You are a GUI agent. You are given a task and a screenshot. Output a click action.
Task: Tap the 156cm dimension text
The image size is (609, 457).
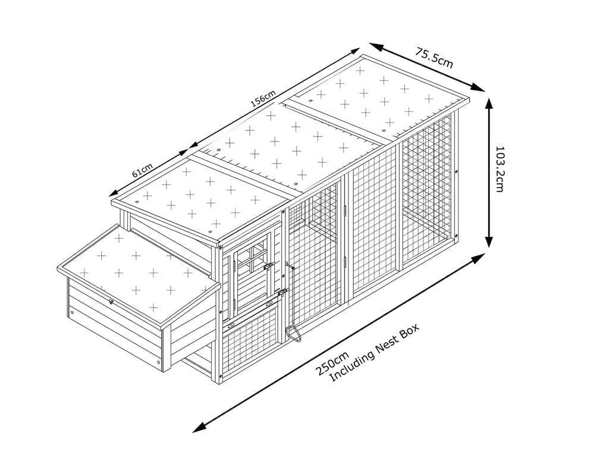click(x=263, y=98)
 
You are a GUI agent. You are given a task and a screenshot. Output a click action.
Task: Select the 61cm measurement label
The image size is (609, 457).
click(x=142, y=170)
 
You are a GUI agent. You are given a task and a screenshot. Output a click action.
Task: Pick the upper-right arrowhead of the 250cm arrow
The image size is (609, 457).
click(x=479, y=256)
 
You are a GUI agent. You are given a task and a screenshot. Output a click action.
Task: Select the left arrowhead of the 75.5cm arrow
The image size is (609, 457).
click(x=375, y=46)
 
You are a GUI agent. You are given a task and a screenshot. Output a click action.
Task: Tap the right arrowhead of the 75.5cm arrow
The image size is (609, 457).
click(x=479, y=88)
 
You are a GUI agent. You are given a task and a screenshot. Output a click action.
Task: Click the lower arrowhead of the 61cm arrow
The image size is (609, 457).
click(x=114, y=192)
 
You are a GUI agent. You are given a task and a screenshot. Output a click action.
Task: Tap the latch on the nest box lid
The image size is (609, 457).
click(x=111, y=302)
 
